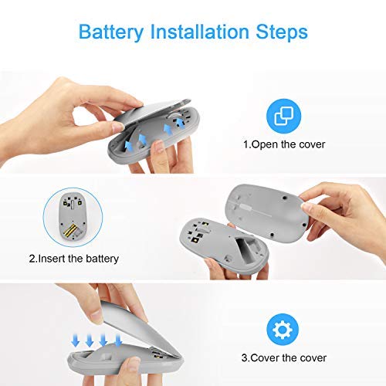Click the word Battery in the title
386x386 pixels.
[111, 32]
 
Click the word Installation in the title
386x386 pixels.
[199, 32]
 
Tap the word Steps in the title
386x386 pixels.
[282, 32]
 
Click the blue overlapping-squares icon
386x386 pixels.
[283, 116]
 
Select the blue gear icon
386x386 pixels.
[283, 330]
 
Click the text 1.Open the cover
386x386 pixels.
[284, 144]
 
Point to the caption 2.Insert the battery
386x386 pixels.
[74, 259]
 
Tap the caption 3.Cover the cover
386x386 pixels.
[284, 357]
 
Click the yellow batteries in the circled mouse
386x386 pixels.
[70, 230]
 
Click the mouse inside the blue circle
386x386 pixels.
[73, 216]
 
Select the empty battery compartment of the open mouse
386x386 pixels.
[246, 250]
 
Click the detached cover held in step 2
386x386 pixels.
[268, 211]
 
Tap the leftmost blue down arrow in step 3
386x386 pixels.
[75, 340]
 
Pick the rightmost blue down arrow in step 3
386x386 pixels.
[118, 340]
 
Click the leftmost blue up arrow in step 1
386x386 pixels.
[128, 146]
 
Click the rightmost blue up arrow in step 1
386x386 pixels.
[181, 123]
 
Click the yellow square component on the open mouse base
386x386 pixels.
[196, 240]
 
